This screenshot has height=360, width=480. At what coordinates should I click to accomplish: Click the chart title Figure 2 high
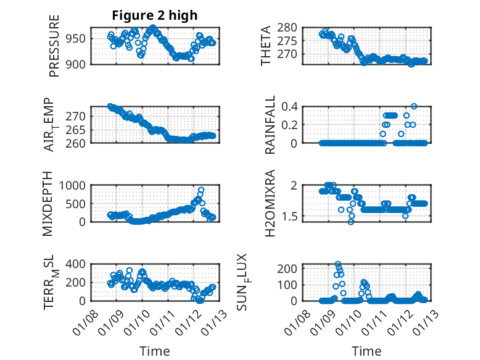[154, 15]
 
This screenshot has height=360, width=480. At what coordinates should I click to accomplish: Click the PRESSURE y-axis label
[54, 46]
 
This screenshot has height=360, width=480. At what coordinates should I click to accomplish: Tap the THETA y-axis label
[266, 46]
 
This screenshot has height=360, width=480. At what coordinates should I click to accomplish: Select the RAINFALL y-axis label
[270, 125]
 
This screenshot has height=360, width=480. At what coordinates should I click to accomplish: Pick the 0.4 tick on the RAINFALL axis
[291, 106]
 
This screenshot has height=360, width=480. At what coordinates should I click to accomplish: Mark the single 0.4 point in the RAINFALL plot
[414, 106]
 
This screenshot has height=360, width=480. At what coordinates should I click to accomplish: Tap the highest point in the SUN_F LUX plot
[338, 264]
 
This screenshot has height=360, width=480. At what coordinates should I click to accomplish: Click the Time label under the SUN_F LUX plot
[366, 351]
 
